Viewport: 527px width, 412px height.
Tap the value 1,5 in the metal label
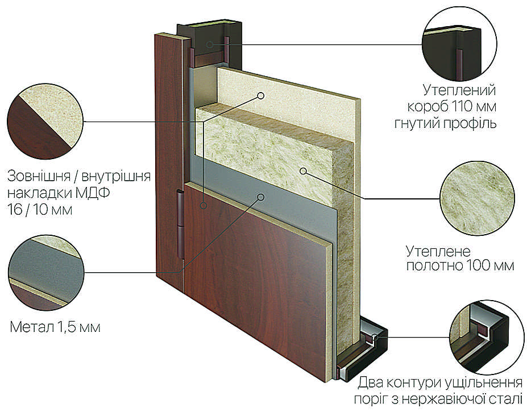(x=67, y=327)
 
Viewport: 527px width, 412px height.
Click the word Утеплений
(x=459, y=90)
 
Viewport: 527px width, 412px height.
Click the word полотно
(x=434, y=265)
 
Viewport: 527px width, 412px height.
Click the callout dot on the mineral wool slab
(x=303, y=171)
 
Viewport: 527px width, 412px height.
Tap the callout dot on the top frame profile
(x=210, y=44)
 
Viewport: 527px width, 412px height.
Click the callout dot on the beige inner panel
(x=260, y=96)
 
